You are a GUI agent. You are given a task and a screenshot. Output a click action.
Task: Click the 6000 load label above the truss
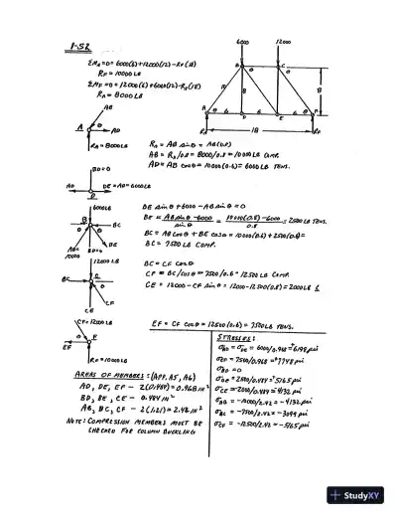(x=242, y=42)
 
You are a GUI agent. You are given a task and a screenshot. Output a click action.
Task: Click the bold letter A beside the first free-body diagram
(x=78, y=126)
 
